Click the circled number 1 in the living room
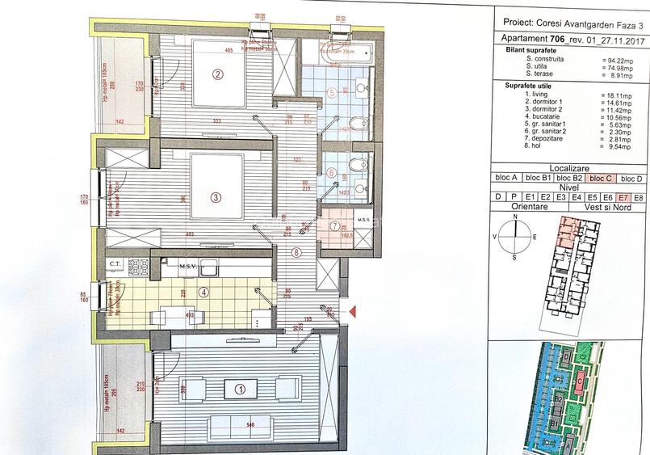pyautogui.click(x=239, y=389)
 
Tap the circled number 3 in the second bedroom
pyautogui.click(x=216, y=196)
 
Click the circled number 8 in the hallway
pyautogui.click(x=297, y=252)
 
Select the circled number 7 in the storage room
pyautogui.click(x=333, y=225)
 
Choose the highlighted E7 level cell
pyautogui.click(x=623, y=196)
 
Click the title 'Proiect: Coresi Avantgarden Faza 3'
pyautogui.click(x=568, y=23)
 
